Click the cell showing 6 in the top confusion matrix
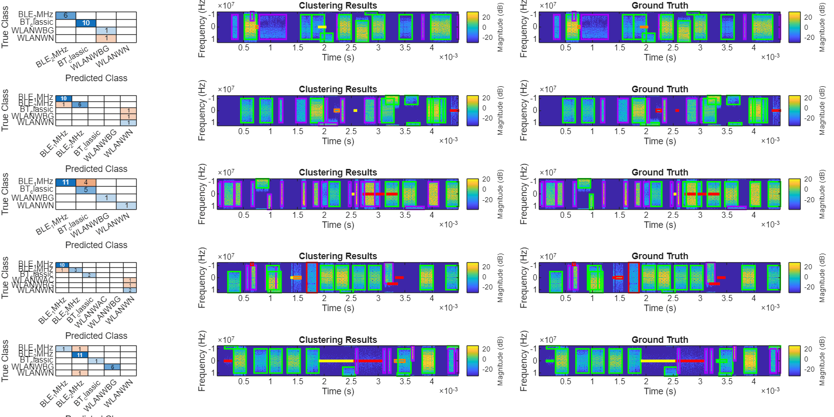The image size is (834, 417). click(x=66, y=16)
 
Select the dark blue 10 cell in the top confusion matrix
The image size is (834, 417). click(x=86, y=23)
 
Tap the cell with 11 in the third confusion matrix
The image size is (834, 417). click(x=66, y=182)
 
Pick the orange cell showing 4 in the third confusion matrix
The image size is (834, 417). click(x=86, y=182)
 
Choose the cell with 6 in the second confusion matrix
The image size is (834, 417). click(x=80, y=104)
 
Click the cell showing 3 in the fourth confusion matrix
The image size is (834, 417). click(x=76, y=270)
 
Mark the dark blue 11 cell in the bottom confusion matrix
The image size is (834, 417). click(x=80, y=355)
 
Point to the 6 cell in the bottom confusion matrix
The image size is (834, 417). click(x=112, y=367)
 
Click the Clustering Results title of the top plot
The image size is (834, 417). click(x=338, y=6)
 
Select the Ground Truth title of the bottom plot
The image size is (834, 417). click(x=659, y=340)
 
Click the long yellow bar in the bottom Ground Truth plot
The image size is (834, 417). click(x=658, y=361)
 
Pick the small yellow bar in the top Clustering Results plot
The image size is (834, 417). click(x=322, y=27)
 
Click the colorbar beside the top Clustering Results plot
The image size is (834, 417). click(x=472, y=27)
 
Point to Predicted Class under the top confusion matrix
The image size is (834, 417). click(x=96, y=78)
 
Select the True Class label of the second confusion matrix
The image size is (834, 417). click(x=5, y=110)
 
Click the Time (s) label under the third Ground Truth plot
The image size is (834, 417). click(x=659, y=225)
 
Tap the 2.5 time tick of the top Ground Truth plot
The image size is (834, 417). click(x=673, y=48)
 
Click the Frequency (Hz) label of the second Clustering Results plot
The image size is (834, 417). click(x=202, y=110)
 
